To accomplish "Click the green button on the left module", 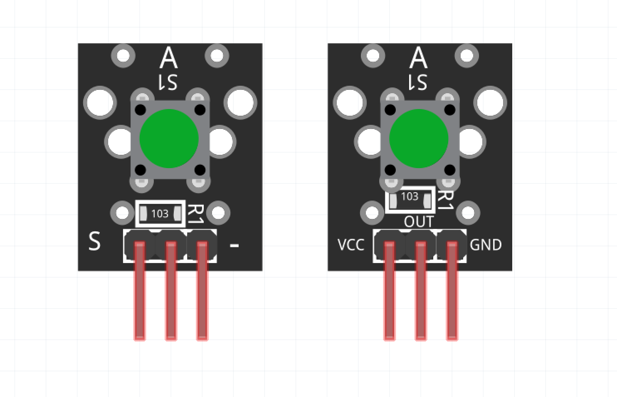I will pos(168,138).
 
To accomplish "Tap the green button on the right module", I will pos(418,138).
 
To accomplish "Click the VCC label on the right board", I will pos(351,245).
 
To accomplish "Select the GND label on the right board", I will pos(486,245).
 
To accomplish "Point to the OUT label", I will pos(419,222).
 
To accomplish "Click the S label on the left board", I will pos(94,241).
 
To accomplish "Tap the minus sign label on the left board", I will pos(234,246).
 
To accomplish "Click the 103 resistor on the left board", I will pos(160,214).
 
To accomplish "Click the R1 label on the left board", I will pos(195,214).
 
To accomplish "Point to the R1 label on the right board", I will pos(445,200).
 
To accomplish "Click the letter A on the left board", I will pos(168,58).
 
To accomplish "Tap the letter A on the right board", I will pos(418,58).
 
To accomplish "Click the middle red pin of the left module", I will pos(171,291).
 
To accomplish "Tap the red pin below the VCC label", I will pos(389,291).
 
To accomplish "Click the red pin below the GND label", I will pos(452,291).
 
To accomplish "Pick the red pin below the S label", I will pos(140,291).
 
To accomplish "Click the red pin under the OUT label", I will pos(421,291).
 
